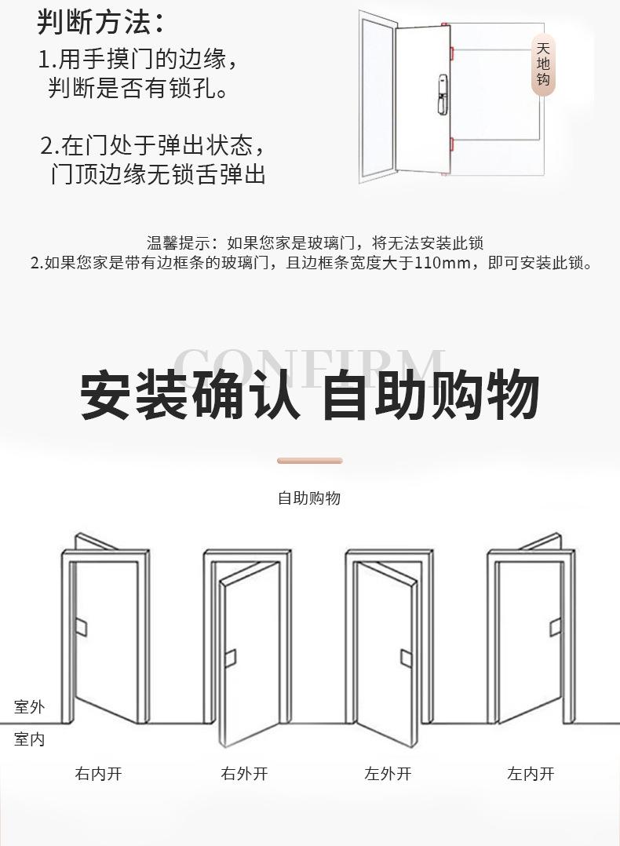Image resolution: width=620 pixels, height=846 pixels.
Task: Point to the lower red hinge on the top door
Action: point(450,144)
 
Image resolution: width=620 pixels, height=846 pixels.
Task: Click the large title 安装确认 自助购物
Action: point(310,396)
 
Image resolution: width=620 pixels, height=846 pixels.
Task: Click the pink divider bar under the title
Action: point(310,461)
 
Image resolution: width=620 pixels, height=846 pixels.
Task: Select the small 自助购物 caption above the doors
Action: point(309,498)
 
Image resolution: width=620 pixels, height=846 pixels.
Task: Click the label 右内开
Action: point(99,774)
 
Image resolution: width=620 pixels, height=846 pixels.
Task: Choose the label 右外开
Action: point(244,774)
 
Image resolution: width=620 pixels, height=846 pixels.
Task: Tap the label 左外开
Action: point(388,774)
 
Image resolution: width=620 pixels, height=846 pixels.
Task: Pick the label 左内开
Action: point(531,774)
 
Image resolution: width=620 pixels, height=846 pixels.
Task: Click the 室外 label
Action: point(29,707)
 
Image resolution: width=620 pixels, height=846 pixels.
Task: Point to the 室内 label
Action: point(29,739)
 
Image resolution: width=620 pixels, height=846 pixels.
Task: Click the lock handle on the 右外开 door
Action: point(230,658)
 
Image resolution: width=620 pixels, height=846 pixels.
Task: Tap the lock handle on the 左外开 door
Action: point(406,658)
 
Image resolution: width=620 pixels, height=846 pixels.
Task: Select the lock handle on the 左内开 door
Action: point(556,626)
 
